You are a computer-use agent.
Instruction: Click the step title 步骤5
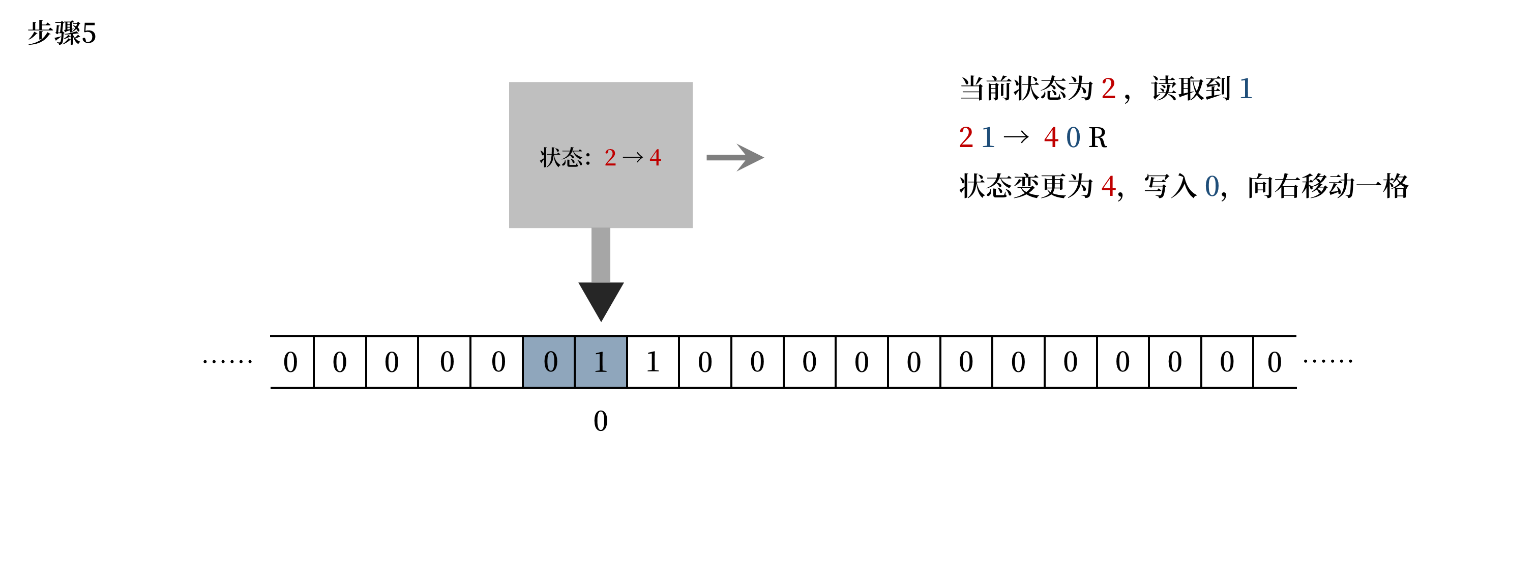(x=62, y=33)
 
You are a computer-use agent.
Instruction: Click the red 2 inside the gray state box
(x=610, y=158)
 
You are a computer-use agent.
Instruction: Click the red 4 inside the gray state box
(x=655, y=158)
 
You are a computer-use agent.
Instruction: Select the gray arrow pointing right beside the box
(x=734, y=158)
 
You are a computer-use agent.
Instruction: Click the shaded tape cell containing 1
(x=601, y=362)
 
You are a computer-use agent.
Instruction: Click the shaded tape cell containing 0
(x=550, y=362)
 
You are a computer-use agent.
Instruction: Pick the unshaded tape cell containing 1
(x=653, y=362)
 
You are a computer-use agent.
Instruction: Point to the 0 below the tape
(x=601, y=421)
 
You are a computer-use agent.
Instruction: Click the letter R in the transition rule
(x=1098, y=138)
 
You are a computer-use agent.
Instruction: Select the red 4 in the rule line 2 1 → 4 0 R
(x=1051, y=138)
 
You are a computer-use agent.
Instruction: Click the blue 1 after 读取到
(x=1246, y=89)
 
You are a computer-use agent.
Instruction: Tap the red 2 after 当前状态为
(x=1108, y=89)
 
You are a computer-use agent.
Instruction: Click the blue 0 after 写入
(x=1212, y=186)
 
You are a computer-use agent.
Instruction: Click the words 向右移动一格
(x=1328, y=186)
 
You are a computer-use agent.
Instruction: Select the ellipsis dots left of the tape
(x=227, y=361)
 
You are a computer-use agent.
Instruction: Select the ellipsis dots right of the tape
(x=1328, y=361)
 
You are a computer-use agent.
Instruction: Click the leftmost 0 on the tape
(x=290, y=362)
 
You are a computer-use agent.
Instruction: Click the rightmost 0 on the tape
(x=1274, y=362)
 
